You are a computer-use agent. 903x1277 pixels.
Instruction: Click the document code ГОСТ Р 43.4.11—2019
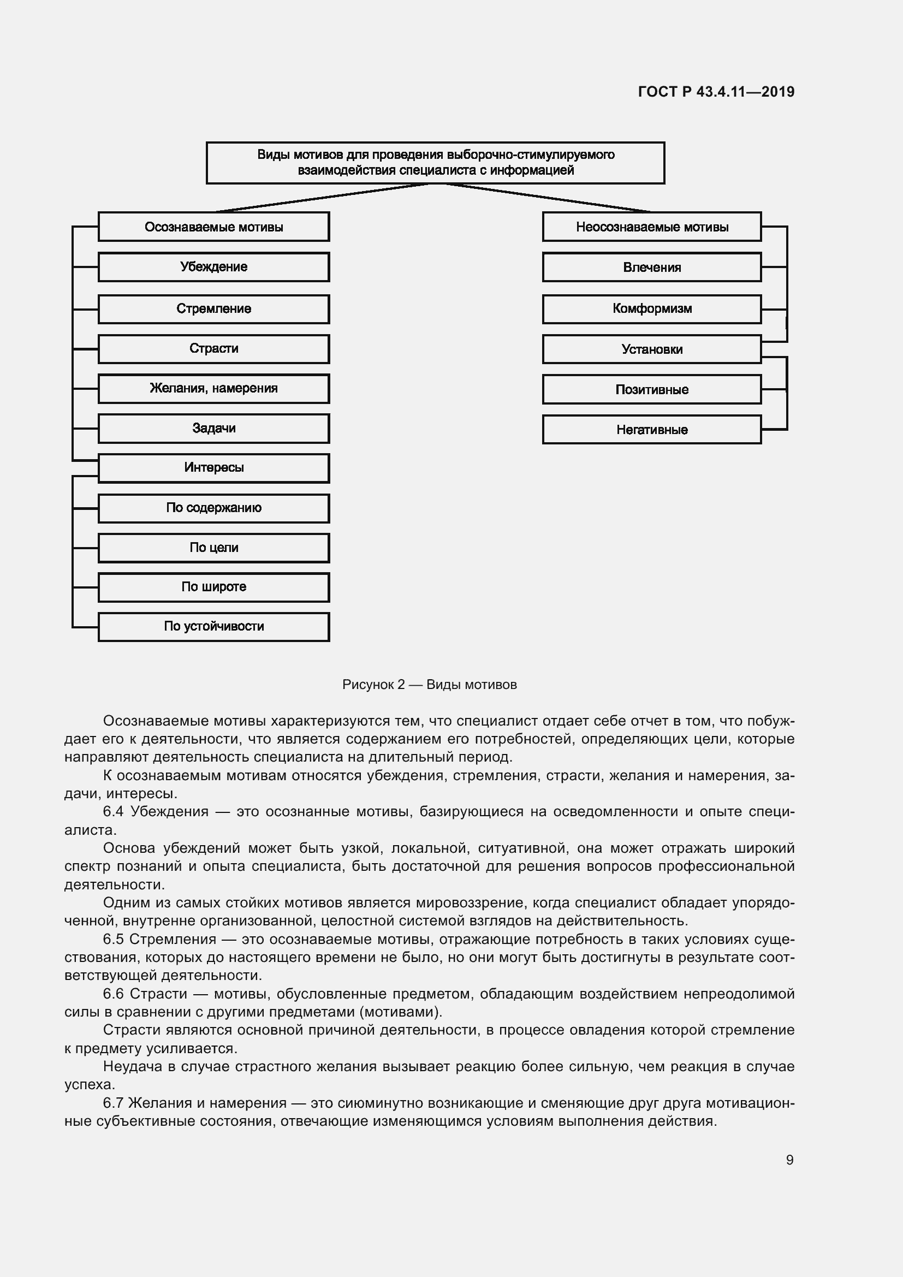716,92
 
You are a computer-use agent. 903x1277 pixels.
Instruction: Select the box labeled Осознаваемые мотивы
213,227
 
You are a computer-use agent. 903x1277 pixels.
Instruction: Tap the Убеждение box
213,267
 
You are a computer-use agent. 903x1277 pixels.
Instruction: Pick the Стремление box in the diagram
213,308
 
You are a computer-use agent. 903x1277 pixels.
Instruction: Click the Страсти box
213,349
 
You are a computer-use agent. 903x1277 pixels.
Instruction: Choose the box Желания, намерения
213,388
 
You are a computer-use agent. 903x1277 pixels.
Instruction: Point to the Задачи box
213,428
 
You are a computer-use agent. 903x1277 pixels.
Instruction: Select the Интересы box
213,468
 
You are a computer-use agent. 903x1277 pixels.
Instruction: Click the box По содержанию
213,508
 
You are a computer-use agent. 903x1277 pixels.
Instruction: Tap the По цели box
213,548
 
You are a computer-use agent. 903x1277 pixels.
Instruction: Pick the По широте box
213,587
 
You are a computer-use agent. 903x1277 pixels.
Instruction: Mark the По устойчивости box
213,627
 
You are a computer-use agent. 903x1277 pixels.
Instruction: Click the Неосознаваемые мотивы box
652,227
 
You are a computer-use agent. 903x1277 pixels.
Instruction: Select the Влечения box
652,268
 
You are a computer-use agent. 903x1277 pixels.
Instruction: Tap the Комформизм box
652,308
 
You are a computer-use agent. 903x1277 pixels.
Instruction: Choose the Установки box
652,349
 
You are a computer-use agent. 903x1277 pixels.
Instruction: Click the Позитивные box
652,389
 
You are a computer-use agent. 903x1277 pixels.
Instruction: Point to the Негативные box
652,430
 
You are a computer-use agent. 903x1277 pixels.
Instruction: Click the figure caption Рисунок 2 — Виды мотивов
429,685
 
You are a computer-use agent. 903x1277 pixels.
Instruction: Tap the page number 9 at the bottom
789,1160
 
